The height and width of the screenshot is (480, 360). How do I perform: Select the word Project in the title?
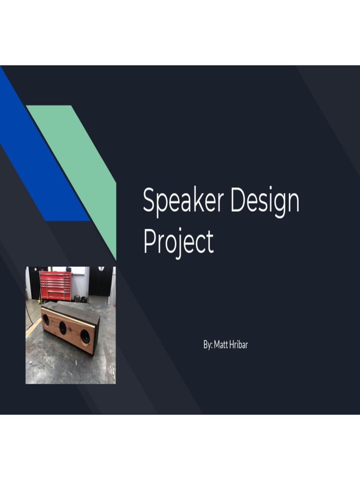178,242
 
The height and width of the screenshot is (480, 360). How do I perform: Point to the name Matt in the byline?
221,345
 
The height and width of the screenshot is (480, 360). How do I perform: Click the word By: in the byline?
208,345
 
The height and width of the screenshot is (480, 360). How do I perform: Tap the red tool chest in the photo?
55,285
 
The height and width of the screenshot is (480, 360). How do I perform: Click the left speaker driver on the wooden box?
46,320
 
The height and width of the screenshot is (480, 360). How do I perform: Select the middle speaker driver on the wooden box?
63,328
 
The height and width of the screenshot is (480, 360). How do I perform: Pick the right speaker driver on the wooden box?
85,337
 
